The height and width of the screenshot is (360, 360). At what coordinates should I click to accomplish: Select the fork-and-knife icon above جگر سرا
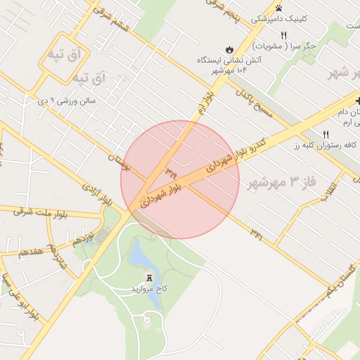pos(283,35)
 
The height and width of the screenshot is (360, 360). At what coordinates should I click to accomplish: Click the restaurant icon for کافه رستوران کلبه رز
pos(326,134)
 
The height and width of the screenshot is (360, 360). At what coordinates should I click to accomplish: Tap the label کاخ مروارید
pos(149,289)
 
